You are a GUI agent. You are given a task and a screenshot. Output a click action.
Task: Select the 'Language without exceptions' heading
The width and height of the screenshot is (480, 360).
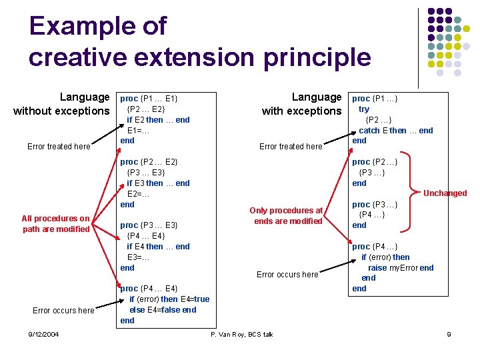61,104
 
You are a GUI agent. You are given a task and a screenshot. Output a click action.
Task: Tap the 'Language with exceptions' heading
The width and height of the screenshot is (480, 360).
301,104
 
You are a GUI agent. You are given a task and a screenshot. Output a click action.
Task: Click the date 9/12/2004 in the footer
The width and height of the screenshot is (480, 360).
43,334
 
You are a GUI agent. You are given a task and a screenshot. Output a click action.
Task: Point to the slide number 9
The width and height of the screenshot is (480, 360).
449,334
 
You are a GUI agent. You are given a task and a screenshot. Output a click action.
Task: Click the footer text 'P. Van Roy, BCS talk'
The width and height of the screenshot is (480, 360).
241,334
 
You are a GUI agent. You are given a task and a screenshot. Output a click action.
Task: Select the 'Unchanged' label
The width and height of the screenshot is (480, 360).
445,193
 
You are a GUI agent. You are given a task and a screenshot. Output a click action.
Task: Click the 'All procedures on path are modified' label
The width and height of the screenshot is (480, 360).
55,224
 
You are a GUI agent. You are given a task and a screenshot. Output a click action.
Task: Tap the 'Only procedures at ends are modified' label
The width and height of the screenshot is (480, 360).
287,216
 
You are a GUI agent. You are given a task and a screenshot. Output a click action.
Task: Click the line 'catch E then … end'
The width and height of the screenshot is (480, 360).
396,131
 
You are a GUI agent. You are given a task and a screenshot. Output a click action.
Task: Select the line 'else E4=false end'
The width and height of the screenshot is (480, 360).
163,309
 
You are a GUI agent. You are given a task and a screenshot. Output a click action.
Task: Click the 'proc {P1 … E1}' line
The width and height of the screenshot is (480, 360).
149,99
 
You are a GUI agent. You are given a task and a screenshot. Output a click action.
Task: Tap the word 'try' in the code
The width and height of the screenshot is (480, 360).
364,109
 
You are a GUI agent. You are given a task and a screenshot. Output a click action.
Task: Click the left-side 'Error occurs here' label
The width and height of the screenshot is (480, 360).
63,311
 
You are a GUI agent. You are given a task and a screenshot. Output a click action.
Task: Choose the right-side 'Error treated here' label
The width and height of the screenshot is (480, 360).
291,147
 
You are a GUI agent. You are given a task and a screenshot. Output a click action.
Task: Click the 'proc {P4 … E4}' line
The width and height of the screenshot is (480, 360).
149,289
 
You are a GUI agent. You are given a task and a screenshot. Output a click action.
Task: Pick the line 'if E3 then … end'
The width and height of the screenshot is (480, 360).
158,183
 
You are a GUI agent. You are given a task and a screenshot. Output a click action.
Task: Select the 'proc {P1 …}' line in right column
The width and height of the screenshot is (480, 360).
375,99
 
